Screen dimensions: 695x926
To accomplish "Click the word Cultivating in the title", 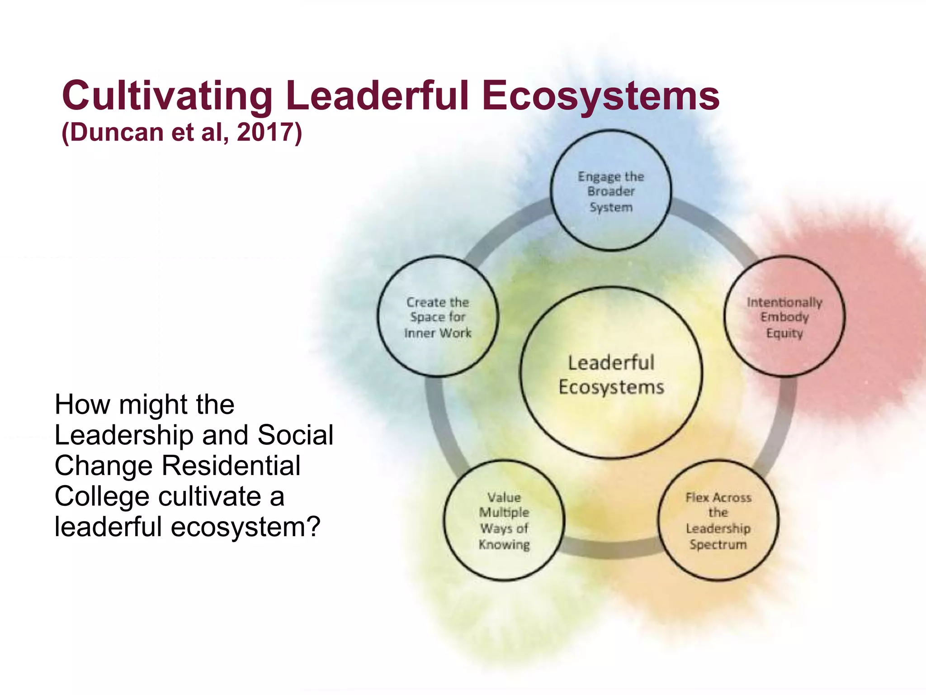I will [167, 96].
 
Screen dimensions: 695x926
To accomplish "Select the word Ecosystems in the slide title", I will [600, 96].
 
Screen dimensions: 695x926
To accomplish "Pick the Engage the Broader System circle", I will [611, 190].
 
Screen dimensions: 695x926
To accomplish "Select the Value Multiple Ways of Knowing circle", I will [504, 520].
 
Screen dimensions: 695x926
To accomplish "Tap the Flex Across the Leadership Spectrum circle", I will [718, 520].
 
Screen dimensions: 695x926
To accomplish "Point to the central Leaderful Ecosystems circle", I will [611, 374].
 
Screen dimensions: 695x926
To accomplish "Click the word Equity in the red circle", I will [784, 333].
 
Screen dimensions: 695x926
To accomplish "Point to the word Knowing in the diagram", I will [504, 544].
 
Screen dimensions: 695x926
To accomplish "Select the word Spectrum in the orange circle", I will [718, 544].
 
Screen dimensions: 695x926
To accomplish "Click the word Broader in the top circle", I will [611, 191].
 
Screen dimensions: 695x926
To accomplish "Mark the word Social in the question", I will [295, 435].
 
